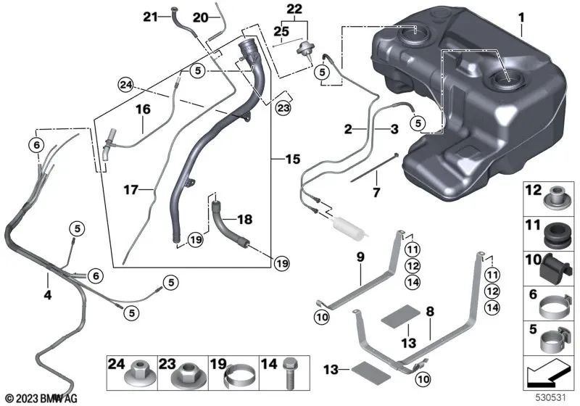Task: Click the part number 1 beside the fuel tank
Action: [521, 17]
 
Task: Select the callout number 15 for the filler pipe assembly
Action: [293, 159]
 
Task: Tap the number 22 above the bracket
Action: [294, 9]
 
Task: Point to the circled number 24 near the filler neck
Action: [125, 85]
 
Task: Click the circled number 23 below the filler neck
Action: [283, 108]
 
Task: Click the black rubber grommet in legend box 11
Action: [555, 236]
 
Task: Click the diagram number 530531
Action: [551, 398]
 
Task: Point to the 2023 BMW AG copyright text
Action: [42, 399]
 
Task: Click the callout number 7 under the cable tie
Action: [376, 192]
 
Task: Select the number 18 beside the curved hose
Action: [244, 219]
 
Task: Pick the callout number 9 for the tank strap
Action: [360, 257]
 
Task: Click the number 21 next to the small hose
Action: [150, 16]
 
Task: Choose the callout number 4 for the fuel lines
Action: [47, 295]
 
